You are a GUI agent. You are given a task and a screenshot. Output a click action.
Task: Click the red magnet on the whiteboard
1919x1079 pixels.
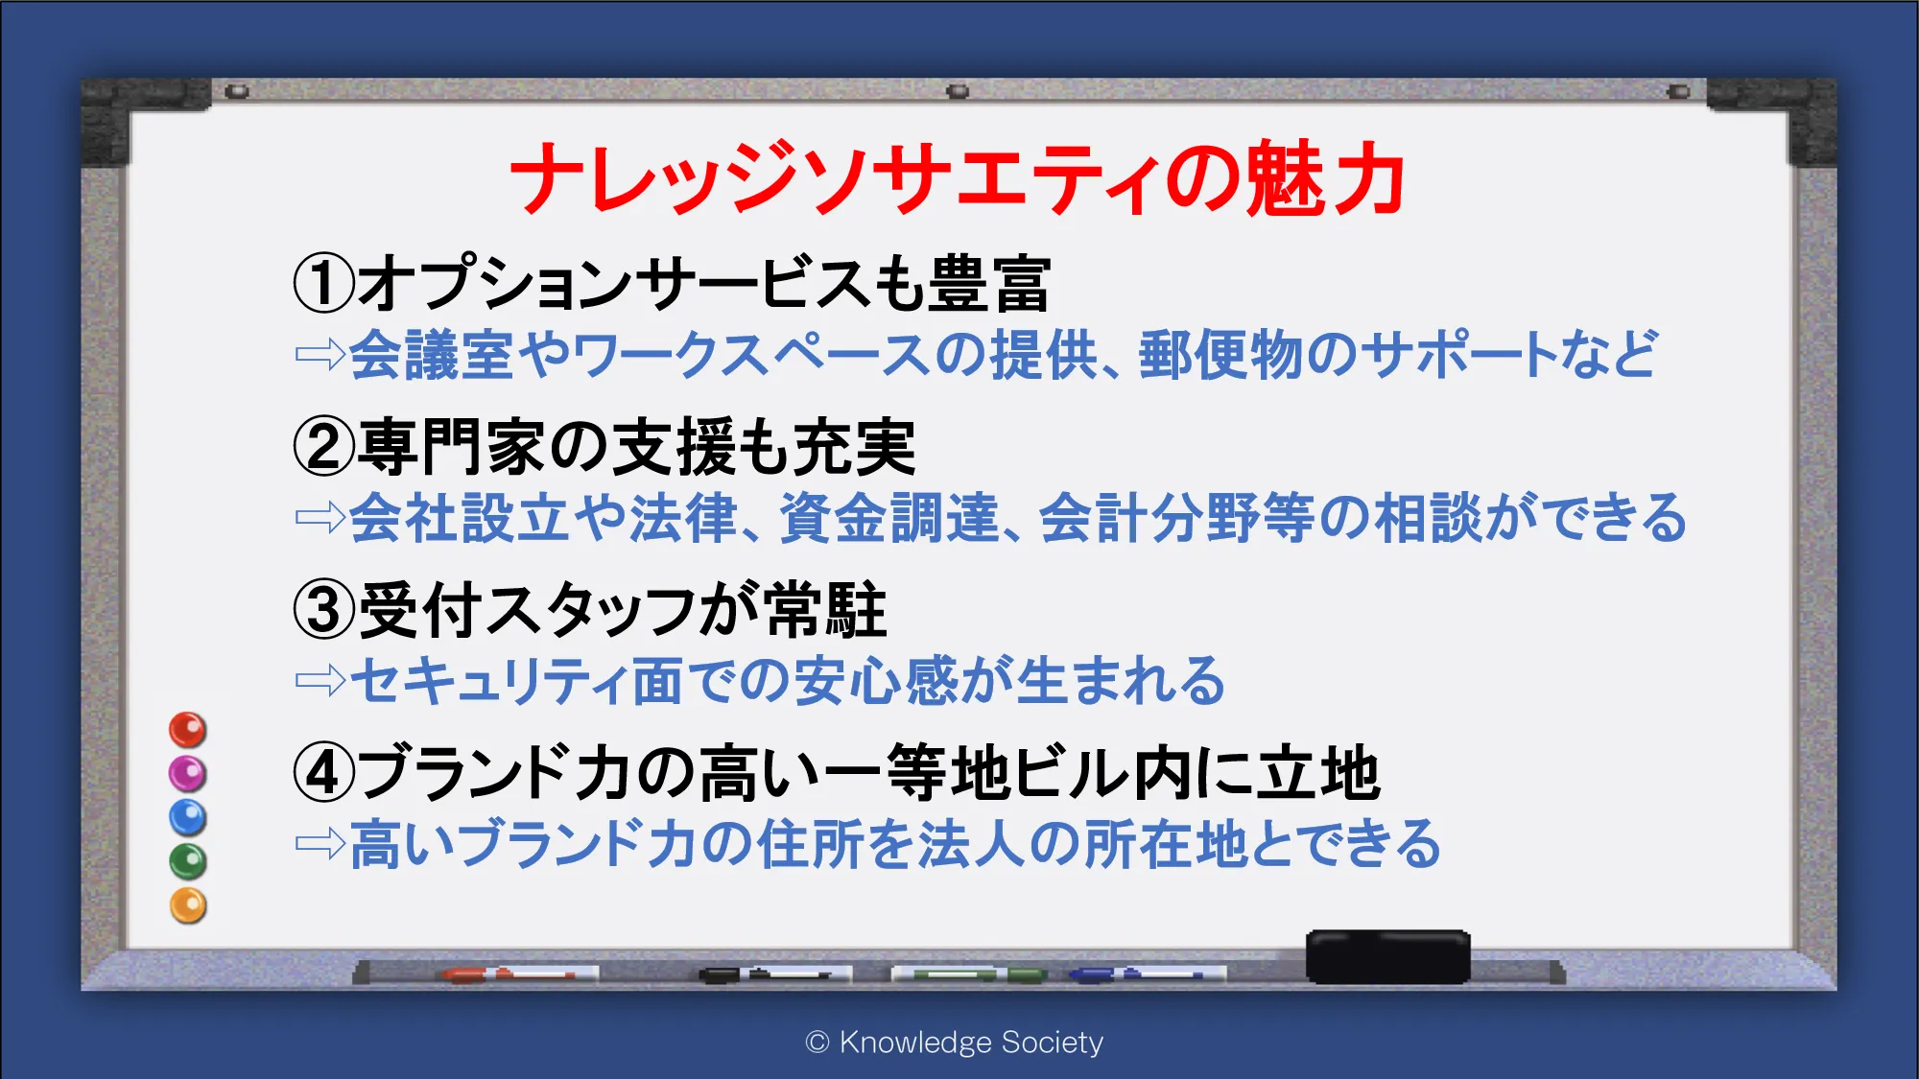188,730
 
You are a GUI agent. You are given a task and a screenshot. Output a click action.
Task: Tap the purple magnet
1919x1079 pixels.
188,773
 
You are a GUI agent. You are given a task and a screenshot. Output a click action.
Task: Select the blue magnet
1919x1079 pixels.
188,817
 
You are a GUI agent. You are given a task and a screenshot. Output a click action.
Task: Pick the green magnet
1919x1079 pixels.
188,861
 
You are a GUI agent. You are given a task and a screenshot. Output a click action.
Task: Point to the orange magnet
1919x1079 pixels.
188,905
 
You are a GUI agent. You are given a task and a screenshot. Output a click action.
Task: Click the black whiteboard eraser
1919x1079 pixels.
1388,956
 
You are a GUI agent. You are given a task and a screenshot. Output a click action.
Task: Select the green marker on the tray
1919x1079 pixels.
969,974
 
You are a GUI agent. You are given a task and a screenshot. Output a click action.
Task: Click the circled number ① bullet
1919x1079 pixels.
324,283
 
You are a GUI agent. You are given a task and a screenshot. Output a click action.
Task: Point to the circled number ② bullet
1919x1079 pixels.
324,447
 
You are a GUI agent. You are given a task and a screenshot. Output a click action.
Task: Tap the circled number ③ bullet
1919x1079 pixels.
324,610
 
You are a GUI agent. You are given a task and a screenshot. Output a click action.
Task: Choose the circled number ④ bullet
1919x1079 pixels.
324,773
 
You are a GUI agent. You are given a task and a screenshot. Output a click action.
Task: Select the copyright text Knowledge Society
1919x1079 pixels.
971,1042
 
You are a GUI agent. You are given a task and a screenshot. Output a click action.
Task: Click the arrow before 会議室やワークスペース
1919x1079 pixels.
320,355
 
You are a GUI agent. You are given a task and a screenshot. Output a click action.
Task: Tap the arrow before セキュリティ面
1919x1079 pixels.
320,681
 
